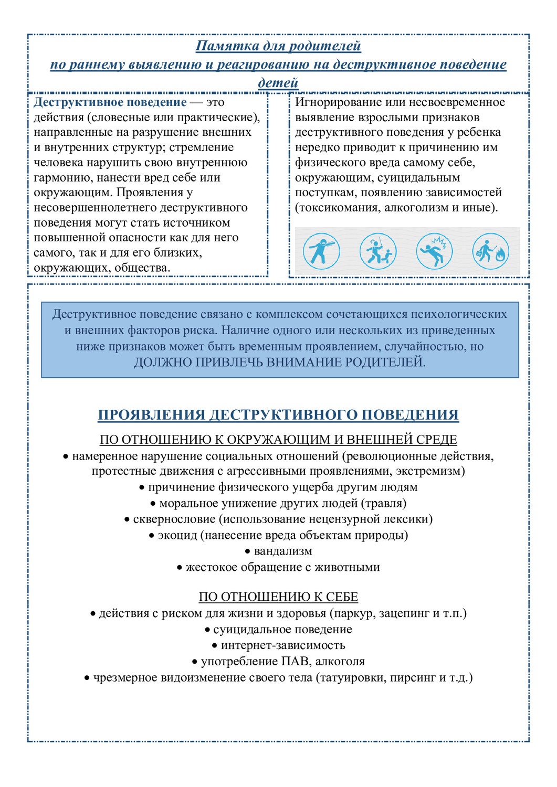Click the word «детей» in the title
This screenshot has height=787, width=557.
coord(278,82)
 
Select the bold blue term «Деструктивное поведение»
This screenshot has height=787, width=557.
coord(110,102)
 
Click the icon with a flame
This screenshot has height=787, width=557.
coord(490,251)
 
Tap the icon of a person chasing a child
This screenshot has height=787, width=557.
coord(378,251)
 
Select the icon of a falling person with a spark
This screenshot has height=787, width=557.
coord(434,251)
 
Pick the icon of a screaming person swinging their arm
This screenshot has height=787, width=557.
coord(321,251)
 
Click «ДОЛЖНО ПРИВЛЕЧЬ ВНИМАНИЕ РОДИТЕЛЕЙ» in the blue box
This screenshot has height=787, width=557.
coord(279,363)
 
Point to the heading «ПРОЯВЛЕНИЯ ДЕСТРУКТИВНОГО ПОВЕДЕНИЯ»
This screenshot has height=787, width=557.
coord(278,415)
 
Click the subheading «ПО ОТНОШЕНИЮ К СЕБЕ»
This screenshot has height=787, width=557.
coord(278,597)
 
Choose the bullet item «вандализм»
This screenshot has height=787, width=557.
coord(283,551)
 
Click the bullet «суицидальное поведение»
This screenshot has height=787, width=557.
coord(282,630)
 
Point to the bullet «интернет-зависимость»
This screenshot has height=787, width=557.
coord(283,645)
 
